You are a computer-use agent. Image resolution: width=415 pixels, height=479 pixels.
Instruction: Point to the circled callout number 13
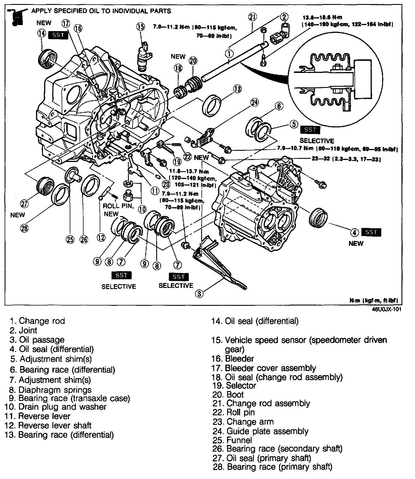[237, 89]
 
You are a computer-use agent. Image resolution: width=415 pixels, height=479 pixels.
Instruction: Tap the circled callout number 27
[24, 204]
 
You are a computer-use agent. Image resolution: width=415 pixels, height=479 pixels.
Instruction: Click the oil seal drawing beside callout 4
[318, 218]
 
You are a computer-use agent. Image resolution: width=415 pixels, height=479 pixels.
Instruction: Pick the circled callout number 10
[142, 209]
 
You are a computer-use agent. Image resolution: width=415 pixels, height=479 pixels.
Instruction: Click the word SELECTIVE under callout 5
[317, 141]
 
